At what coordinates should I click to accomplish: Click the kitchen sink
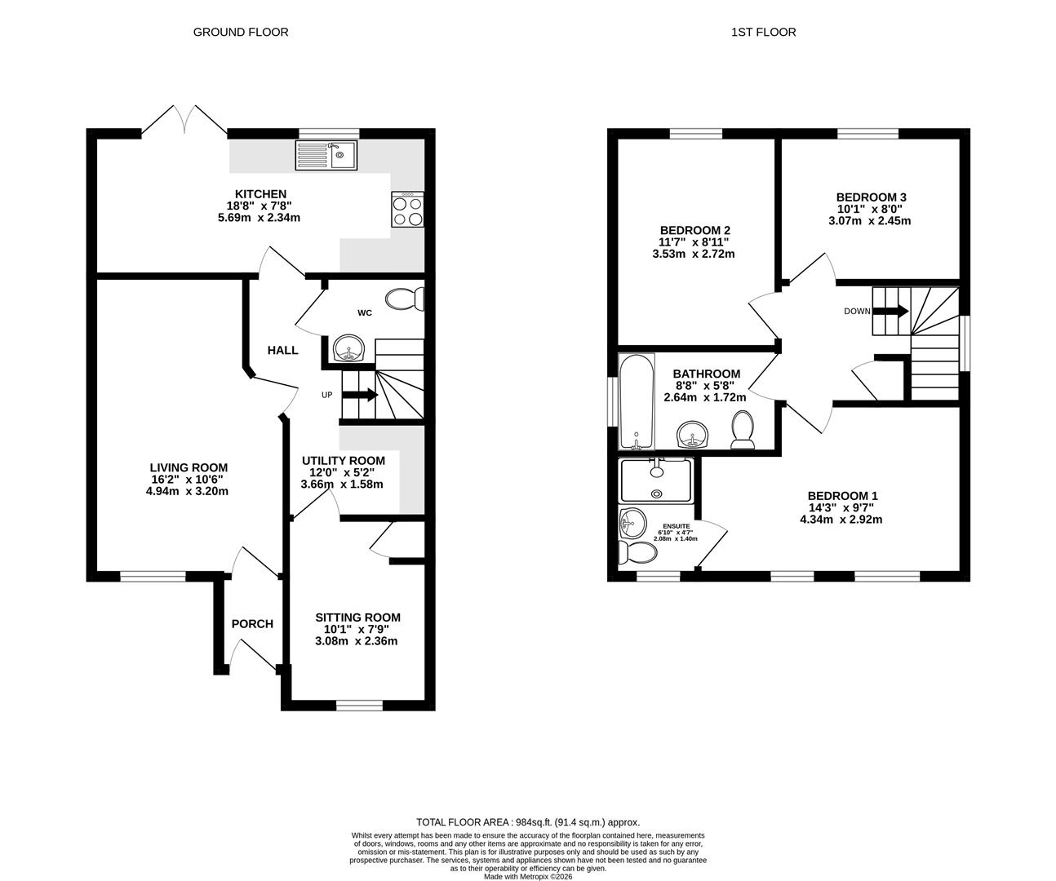pos(326,155)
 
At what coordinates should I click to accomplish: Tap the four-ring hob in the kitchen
pos(407,209)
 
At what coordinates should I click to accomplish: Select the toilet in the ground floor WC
pos(405,299)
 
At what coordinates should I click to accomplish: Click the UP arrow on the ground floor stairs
pos(360,395)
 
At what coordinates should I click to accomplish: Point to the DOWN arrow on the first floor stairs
pos(890,311)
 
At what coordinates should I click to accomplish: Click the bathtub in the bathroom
pos(637,401)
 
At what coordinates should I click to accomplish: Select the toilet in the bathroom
pos(743,430)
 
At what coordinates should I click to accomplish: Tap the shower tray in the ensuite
pos(656,480)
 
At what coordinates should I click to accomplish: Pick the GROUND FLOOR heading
pos(241,33)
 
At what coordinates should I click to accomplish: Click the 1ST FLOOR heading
pos(763,33)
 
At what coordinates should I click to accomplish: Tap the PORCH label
pos(252,624)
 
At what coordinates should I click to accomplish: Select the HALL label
pos(282,350)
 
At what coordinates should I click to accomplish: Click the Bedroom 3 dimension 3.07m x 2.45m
pos(869,221)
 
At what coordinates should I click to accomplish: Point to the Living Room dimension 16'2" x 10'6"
pos(187,480)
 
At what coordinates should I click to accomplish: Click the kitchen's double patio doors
pos(184,120)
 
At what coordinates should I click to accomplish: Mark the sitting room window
pos(360,706)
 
